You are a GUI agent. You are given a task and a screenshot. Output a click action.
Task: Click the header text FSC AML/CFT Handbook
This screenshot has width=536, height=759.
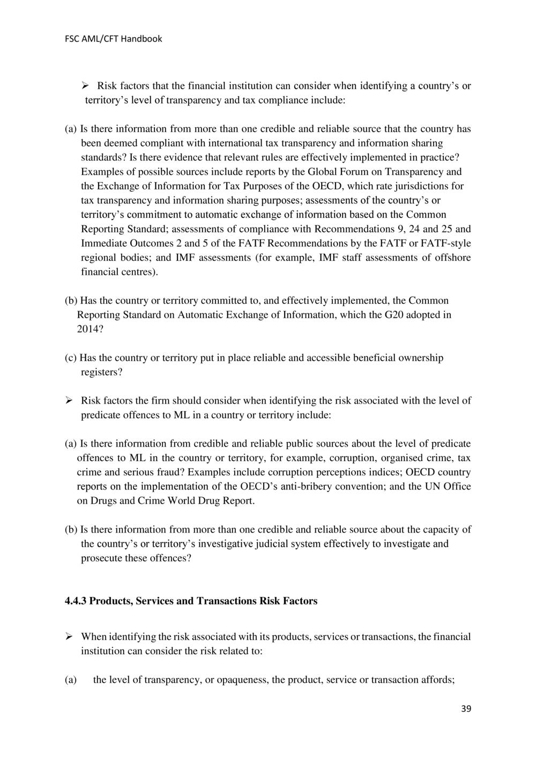click(113, 39)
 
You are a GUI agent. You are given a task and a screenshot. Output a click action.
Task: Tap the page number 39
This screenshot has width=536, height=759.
click(466, 709)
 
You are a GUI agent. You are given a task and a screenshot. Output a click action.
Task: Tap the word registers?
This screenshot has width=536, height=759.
click(102, 372)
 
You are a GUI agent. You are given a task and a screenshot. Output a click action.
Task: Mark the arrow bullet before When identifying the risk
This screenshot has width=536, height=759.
click(69, 637)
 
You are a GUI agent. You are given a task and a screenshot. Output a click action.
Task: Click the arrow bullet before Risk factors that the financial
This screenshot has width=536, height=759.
click(85, 86)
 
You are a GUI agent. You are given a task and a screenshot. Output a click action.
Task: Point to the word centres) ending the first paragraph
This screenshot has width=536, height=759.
click(119, 272)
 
